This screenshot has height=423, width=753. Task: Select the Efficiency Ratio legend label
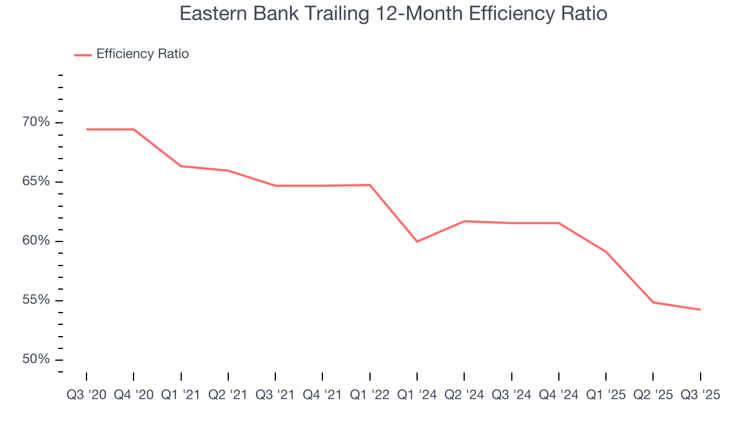point(142,54)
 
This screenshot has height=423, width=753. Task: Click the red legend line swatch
point(83,55)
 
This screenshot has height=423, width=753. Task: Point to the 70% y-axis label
point(36,122)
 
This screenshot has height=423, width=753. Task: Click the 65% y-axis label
point(36,182)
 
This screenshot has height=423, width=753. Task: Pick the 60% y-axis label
point(36,241)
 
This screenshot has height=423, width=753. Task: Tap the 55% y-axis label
point(36,300)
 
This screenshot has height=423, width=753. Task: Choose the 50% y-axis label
point(36,360)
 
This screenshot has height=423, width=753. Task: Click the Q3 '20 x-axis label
point(86,395)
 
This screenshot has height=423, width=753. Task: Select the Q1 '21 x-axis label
point(181,395)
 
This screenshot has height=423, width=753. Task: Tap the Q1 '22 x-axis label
point(369,395)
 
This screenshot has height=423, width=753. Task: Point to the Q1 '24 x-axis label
point(417,395)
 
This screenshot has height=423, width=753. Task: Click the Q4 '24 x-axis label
point(558,395)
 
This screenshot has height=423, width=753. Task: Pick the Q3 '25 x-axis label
point(700,395)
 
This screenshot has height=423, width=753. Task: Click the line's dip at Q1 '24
point(417,241)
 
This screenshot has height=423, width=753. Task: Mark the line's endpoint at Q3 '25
point(700,310)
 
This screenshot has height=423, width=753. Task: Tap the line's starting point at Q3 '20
point(86,129)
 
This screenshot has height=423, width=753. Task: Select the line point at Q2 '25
point(653,302)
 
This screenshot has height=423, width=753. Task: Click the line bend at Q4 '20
point(134,129)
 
